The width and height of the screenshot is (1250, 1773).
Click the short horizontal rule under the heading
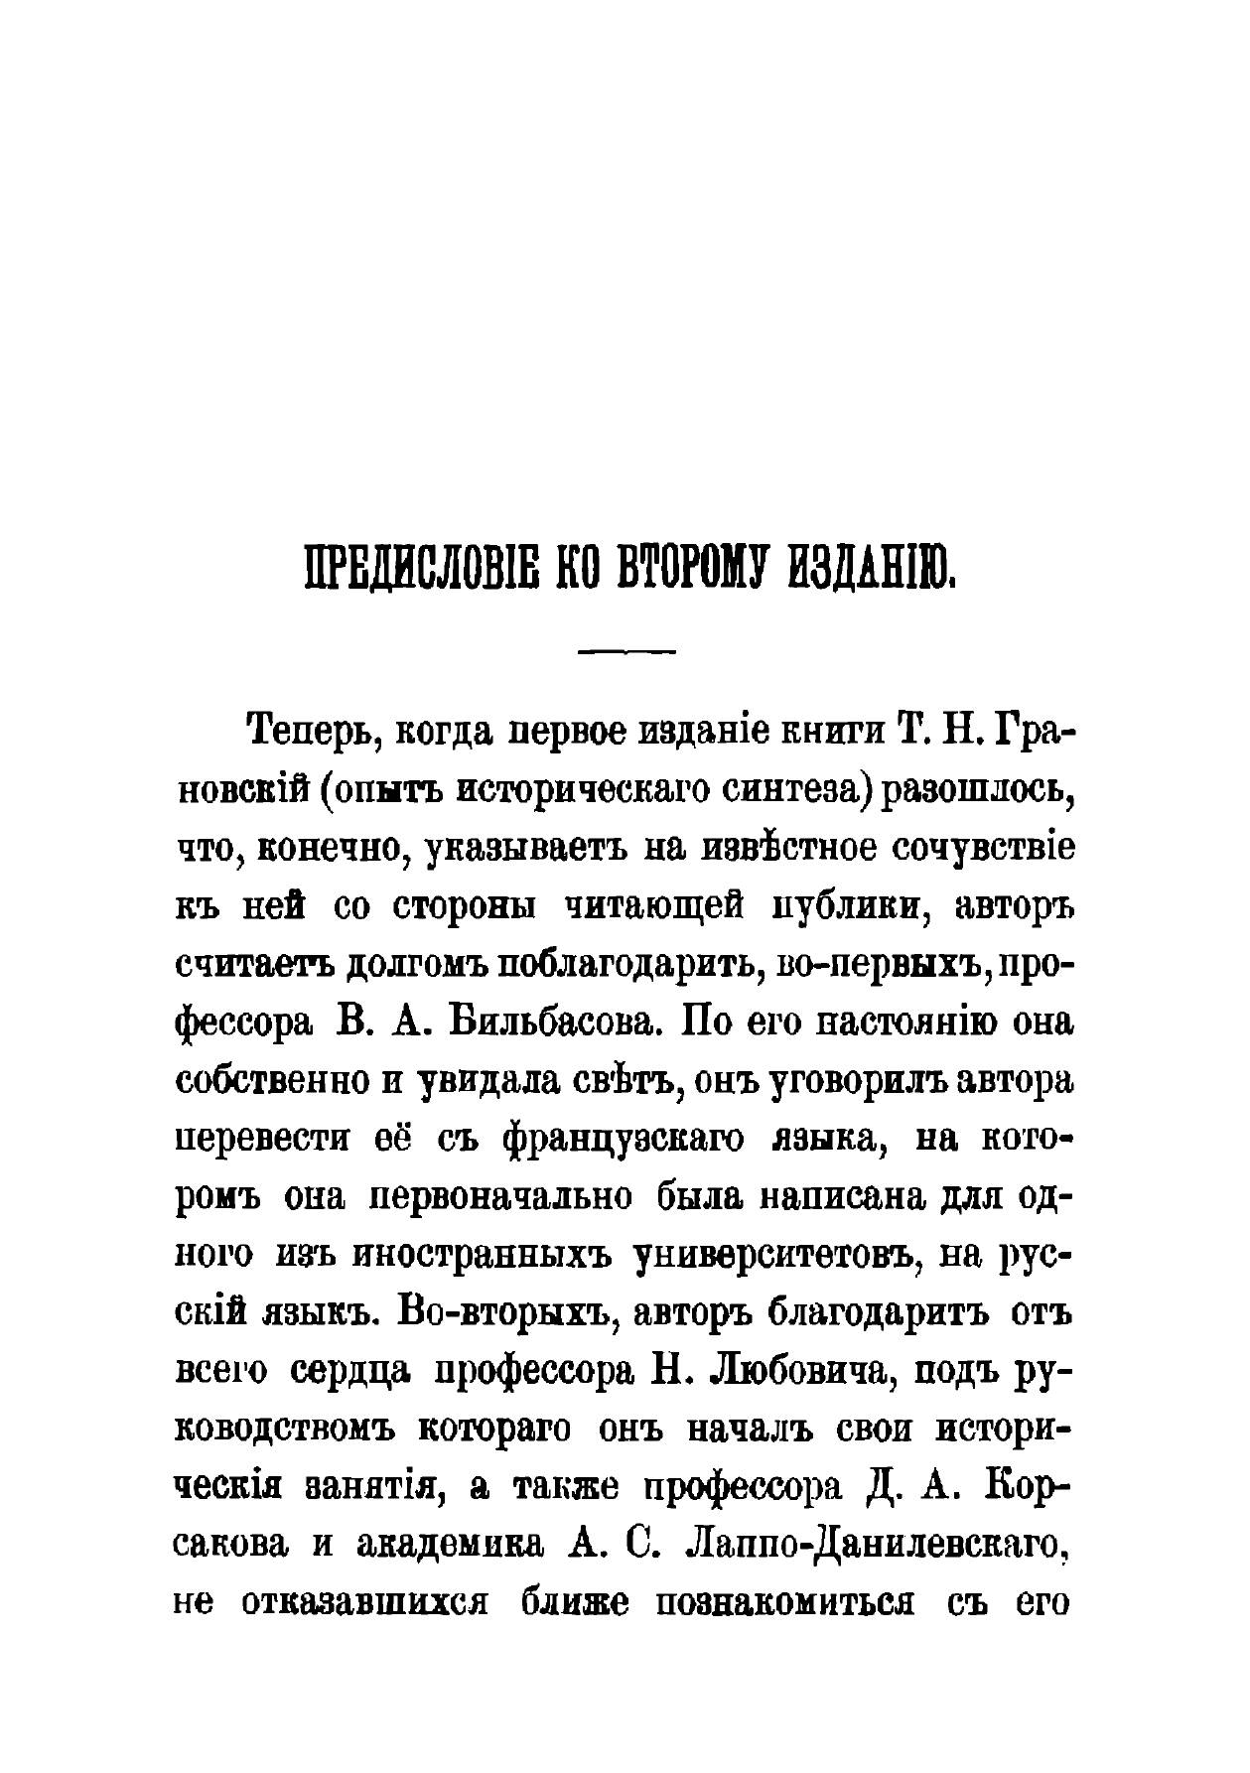coord(626,653)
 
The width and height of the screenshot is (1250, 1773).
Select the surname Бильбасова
coord(551,1023)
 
